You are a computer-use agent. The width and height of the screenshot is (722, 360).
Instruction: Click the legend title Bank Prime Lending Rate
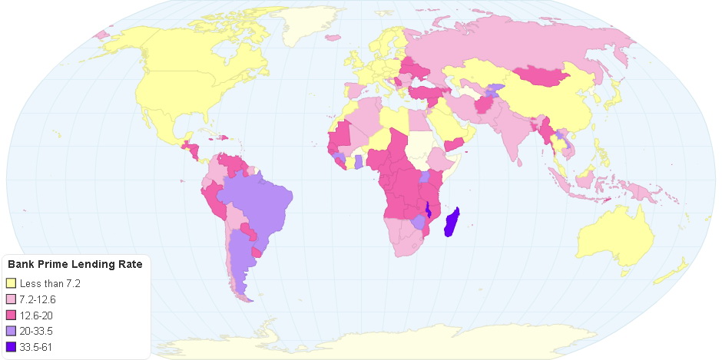(x=75, y=265)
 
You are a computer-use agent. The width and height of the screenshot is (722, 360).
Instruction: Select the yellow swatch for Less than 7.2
(x=11, y=284)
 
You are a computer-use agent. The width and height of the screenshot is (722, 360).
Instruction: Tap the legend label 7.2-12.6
(x=40, y=299)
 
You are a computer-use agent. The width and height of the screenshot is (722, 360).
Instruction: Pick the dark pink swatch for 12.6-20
(x=11, y=315)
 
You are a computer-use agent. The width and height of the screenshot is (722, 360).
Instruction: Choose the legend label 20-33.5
(x=38, y=331)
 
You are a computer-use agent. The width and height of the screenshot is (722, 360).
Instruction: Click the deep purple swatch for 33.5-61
(x=11, y=347)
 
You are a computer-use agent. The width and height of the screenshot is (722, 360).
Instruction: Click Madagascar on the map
(x=455, y=222)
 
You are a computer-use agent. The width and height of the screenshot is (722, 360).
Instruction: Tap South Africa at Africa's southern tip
(x=407, y=242)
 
